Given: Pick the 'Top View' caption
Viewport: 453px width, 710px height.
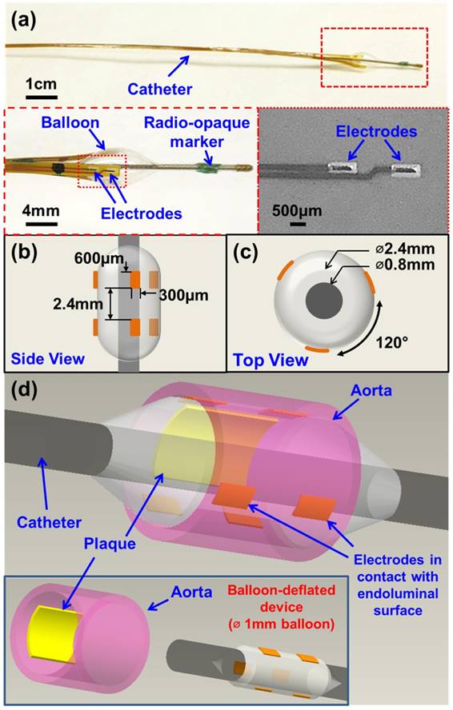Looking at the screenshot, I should tap(271, 360).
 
